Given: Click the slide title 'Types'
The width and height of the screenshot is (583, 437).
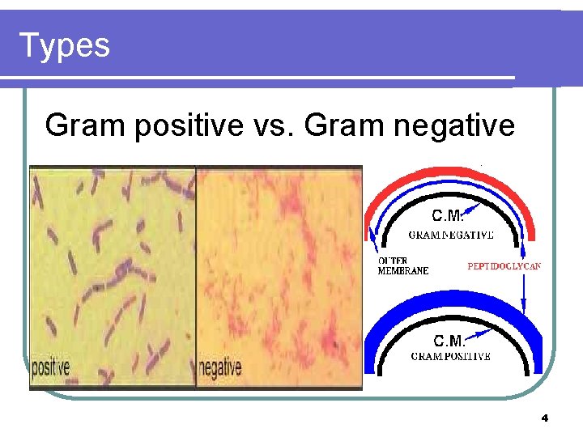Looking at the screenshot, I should tap(64, 45).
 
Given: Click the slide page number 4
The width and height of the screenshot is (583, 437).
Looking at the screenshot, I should tap(544, 418).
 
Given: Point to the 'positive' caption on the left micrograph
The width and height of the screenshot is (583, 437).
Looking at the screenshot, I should tap(50, 368).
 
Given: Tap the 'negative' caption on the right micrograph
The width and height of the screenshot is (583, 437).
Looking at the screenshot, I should tap(220, 368).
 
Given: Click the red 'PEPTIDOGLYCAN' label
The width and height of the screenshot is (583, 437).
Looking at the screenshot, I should tap(504, 265).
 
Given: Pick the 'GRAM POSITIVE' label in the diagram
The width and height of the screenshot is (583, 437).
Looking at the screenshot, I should tap(450, 356).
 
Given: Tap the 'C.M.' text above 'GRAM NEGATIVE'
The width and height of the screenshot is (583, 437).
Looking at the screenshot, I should tap(448, 216).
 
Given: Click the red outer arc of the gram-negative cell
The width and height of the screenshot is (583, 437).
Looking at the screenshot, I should tap(452, 173).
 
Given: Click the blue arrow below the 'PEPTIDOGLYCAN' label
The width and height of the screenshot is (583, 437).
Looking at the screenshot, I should tap(525, 291).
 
